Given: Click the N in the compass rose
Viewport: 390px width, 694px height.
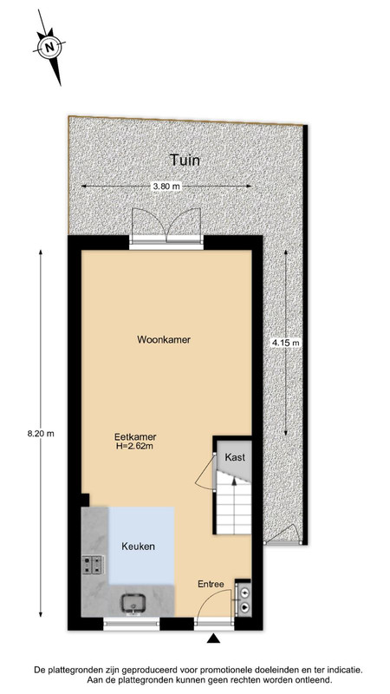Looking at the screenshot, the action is (49, 47).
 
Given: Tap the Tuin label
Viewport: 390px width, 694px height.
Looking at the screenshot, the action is (185, 160).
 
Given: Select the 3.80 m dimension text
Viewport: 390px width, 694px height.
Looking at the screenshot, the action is (166, 187).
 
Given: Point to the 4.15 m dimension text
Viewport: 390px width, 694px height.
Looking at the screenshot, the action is (286, 342).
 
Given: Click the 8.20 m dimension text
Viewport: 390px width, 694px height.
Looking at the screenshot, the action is (41, 434).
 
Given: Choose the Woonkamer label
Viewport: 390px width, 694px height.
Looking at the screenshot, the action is (164, 340).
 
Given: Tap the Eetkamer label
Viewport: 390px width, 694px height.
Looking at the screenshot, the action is (135, 437).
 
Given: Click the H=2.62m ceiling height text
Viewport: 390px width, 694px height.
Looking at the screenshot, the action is (135, 446).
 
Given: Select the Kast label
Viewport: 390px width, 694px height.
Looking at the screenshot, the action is (235, 457).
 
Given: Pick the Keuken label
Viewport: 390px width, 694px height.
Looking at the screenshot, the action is (139, 547).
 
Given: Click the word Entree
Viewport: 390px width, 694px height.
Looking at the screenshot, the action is (211, 584).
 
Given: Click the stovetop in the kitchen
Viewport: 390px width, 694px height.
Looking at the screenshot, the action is (93, 565).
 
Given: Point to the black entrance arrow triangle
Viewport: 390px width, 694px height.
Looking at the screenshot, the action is (214, 638).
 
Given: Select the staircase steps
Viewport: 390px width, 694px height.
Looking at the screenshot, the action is (233, 503).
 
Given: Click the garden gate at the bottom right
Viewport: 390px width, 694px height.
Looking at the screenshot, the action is (283, 534).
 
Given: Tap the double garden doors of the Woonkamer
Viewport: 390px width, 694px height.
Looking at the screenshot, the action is (166, 226).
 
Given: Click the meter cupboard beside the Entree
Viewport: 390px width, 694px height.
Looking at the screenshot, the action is (243, 599).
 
